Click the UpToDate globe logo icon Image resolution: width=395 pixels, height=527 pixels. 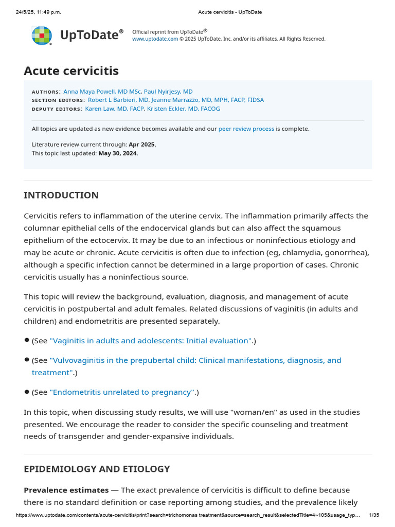pyautogui.click(x=42, y=35)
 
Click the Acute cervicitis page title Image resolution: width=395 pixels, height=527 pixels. pyautogui.click(x=71, y=71)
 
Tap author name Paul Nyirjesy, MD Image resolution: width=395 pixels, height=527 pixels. pyautogui.click(x=168, y=91)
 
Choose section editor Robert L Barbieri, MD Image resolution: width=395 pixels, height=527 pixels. pyautogui.click(x=118, y=100)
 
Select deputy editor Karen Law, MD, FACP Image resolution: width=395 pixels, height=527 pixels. pyautogui.click(x=114, y=109)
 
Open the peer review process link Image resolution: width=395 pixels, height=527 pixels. pyautogui.click(x=246, y=129)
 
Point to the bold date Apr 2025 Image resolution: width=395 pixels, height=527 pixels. pyautogui.click(x=142, y=144)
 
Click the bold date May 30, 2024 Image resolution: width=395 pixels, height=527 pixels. pyautogui.click(x=118, y=153)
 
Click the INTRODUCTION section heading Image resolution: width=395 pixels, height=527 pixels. pyautogui.click(x=61, y=195)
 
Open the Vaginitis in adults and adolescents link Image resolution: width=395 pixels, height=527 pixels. pyautogui.click(x=151, y=341)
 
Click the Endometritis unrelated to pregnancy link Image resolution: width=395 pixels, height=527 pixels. pyautogui.click(x=122, y=392)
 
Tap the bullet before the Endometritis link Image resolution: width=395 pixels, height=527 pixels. pyautogui.click(x=27, y=392)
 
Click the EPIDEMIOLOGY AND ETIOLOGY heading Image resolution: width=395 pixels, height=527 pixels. pyautogui.click(x=97, y=469)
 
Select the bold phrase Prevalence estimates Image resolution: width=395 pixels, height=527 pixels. pyautogui.click(x=66, y=490)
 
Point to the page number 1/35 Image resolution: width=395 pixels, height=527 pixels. pyautogui.click(x=374, y=515)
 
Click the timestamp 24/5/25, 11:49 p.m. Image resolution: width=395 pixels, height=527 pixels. pyautogui.click(x=39, y=12)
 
